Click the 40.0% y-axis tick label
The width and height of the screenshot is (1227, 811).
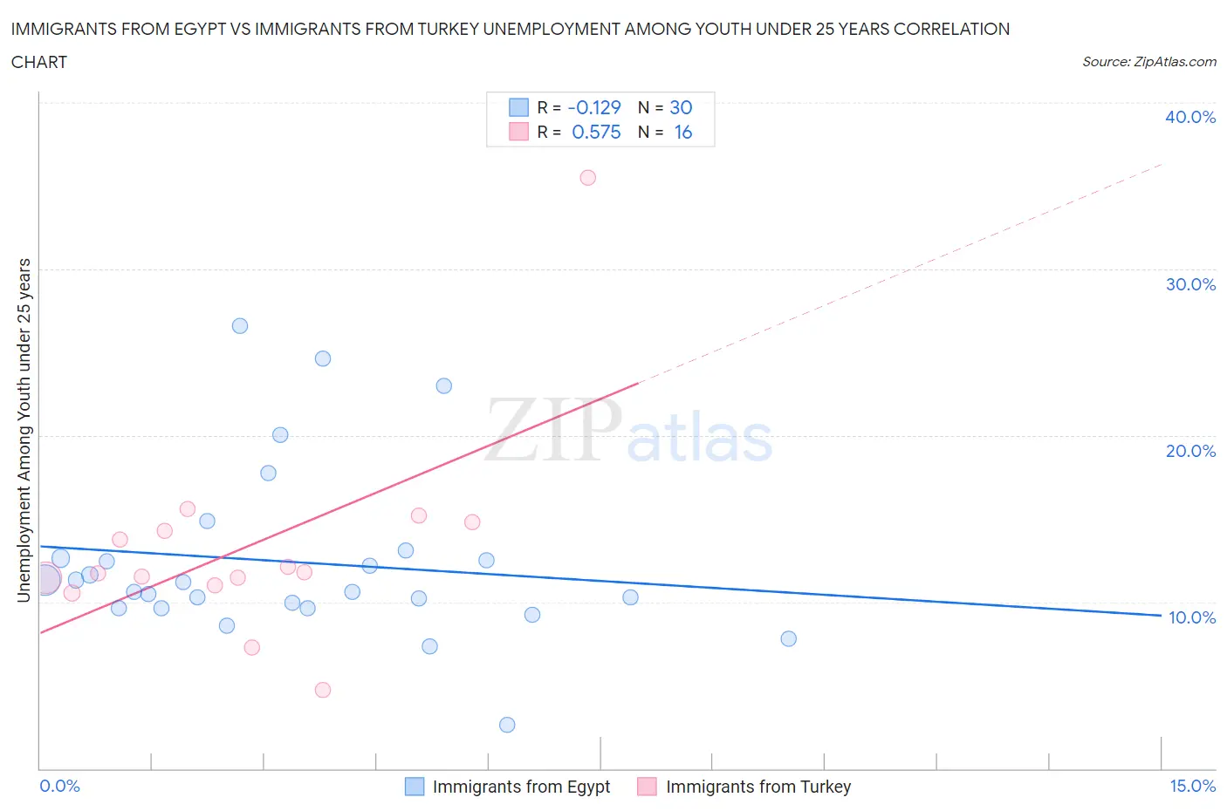(x=1190, y=117)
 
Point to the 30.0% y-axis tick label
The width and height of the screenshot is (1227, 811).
(x=1190, y=284)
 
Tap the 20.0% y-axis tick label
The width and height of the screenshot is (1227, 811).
(x=1190, y=451)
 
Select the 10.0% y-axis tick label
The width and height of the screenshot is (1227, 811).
(x=1191, y=617)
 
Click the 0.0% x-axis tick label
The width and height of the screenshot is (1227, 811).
(x=60, y=786)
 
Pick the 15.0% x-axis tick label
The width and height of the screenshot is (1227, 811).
(x=1192, y=786)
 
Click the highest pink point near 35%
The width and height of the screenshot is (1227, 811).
(x=588, y=178)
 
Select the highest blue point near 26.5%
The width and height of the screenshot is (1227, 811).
(x=240, y=326)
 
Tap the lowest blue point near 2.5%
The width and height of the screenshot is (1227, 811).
(x=507, y=725)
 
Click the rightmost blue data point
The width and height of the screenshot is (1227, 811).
(x=789, y=638)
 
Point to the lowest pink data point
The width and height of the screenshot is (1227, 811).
(x=323, y=690)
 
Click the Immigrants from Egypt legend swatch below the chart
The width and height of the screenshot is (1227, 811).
(x=415, y=787)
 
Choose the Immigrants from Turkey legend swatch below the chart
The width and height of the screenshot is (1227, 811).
(x=647, y=787)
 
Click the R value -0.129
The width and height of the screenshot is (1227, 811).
(x=594, y=107)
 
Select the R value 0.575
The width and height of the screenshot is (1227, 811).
(x=596, y=132)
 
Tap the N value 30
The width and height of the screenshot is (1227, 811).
(x=681, y=107)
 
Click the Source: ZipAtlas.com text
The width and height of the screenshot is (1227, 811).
(x=1148, y=62)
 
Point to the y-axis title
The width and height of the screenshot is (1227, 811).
(x=24, y=430)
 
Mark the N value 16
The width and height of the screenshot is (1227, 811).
(x=682, y=132)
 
